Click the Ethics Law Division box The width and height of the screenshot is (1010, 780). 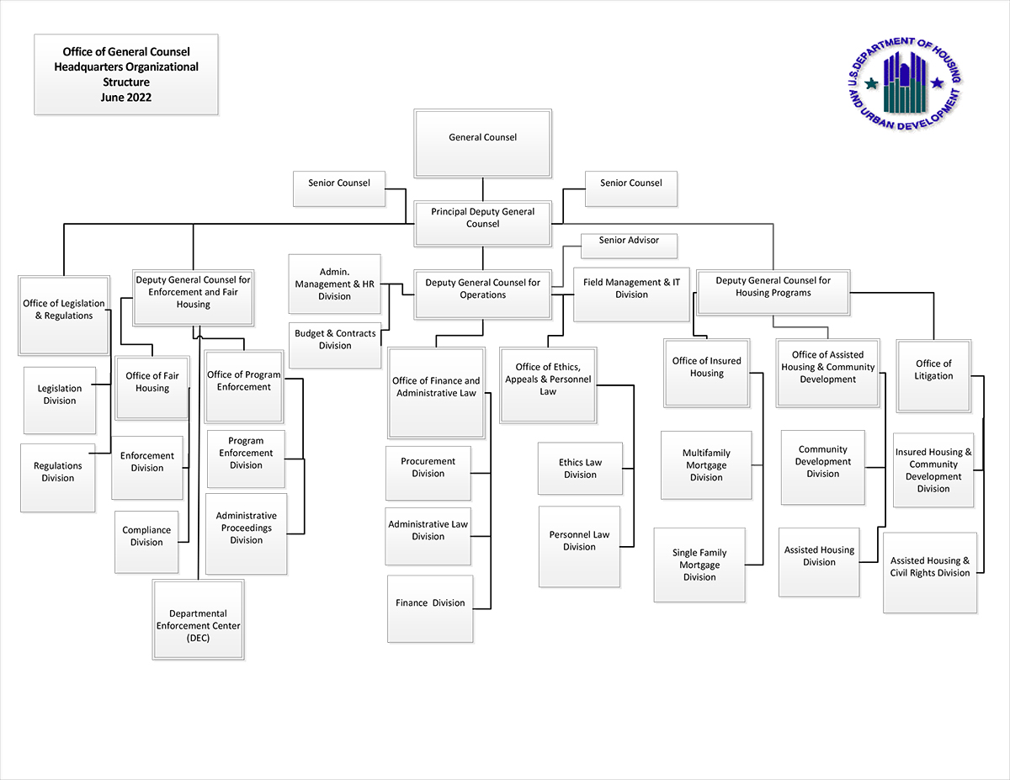click(580, 469)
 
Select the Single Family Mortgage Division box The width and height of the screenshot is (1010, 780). click(699, 564)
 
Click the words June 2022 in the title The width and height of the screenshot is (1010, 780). click(125, 98)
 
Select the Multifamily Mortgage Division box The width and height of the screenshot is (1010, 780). click(706, 465)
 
